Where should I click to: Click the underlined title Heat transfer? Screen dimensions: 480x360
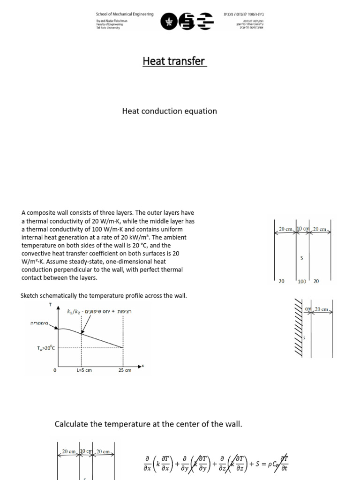(174, 61)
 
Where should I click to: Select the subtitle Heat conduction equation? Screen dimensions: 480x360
(169, 111)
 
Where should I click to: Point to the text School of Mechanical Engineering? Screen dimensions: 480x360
(125, 15)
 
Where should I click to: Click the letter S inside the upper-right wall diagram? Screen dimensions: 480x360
(301, 258)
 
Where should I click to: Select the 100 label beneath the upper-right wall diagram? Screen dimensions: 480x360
(301, 281)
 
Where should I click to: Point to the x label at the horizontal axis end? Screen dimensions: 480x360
(142, 365)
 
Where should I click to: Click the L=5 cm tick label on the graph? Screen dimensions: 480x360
(84, 370)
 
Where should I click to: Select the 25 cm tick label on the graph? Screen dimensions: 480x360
(125, 370)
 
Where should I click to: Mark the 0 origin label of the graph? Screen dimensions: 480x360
(55, 370)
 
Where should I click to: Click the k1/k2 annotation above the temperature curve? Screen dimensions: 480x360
(75, 311)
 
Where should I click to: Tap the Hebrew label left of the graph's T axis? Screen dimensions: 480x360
(41, 323)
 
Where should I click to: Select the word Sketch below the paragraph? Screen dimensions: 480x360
(30, 296)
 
